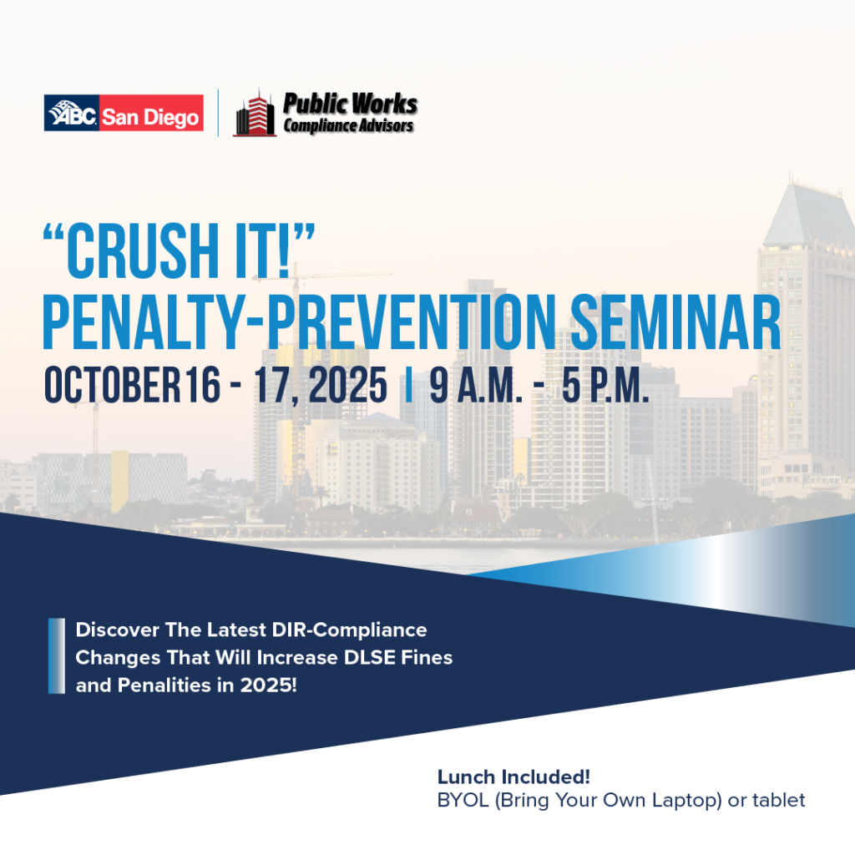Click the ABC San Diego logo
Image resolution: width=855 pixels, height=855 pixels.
[124, 113]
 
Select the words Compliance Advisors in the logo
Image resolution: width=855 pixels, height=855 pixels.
[348, 125]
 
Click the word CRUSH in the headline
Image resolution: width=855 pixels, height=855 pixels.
[143, 251]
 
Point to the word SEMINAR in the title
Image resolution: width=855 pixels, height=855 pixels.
[675, 322]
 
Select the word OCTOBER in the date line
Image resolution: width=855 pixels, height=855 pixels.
[113, 385]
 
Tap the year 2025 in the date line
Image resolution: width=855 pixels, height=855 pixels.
[348, 385]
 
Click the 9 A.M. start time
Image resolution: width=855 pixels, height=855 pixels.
[475, 385]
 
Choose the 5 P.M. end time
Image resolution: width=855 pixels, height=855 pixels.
[605, 385]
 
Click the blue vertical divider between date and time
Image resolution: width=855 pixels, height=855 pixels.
[408, 385]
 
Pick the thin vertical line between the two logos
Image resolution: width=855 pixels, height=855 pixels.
[218, 113]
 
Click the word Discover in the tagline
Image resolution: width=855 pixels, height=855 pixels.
[117, 630]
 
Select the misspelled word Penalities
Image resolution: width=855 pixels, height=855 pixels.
[164, 686]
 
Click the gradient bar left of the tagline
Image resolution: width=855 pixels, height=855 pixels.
[57, 656]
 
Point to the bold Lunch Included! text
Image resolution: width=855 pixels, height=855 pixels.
[514, 777]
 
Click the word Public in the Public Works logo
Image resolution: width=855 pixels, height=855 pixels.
[314, 104]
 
